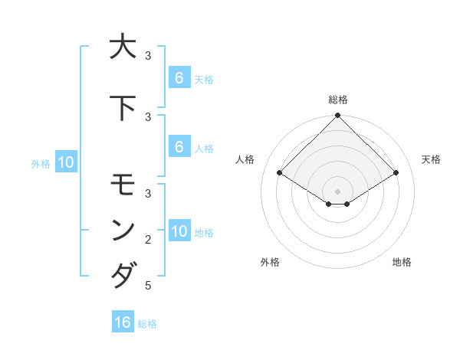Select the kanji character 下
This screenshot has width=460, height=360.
(122, 107)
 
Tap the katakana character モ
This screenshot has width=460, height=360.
(122, 185)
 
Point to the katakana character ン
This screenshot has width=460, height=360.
(122, 230)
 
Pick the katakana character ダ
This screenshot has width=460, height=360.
(122, 275)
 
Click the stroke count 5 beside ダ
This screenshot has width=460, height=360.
(148, 286)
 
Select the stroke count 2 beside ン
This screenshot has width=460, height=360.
(148, 240)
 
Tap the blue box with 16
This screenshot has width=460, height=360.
(123, 322)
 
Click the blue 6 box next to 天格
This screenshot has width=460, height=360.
(179, 77)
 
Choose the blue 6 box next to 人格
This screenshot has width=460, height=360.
(179, 147)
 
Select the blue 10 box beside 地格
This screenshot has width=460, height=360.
(179, 231)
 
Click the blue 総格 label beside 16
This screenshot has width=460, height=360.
(147, 324)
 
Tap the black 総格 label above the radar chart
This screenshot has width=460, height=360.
(338, 100)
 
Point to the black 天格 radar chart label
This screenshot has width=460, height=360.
(432, 159)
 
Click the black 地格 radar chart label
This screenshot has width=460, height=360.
(402, 262)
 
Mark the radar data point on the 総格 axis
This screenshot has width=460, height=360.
(338, 116)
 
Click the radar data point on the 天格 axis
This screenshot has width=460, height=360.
(396, 172)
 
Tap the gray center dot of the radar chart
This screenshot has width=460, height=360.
(338, 191)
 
